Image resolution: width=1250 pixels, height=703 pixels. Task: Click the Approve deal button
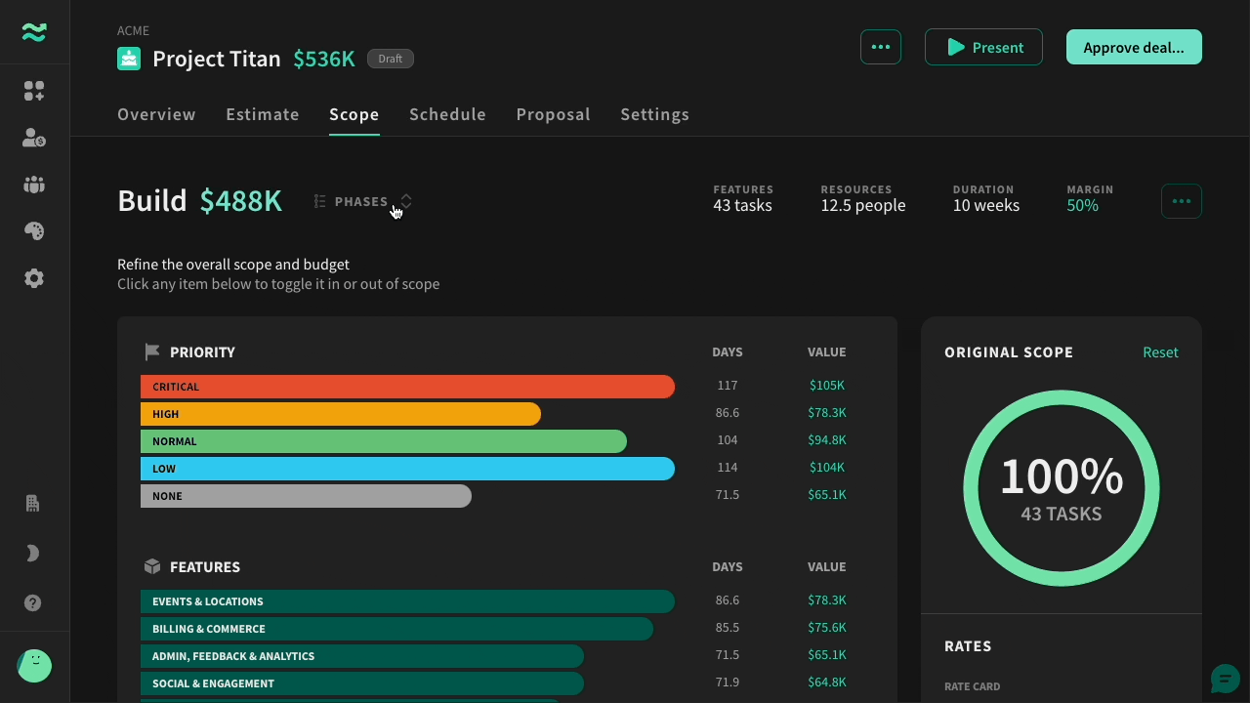point(1134,48)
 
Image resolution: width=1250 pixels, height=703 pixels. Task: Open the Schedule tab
point(447,114)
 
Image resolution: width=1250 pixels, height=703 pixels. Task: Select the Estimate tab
point(263,114)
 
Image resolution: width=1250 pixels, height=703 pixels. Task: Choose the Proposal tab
point(553,114)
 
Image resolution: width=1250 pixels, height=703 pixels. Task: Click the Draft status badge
point(390,59)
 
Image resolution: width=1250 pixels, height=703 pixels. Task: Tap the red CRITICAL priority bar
point(407,387)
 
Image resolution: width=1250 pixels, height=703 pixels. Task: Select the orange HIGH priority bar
point(341,414)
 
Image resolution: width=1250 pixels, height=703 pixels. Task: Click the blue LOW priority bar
point(407,469)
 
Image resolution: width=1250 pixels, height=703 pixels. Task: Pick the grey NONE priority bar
point(306,496)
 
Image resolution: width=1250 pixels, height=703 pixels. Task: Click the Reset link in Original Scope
point(1160,352)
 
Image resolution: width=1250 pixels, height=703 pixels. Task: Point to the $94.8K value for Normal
point(826,440)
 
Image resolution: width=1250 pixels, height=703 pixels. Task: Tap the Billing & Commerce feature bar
point(396,629)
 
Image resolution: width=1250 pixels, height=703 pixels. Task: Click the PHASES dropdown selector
point(362,201)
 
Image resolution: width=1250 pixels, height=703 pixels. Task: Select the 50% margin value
point(1083,205)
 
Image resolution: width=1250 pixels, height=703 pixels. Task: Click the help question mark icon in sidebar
point(33,603)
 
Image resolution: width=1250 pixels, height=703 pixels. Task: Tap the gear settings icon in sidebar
point(34,278)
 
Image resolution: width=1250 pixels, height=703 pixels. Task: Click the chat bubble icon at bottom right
point(1226,679)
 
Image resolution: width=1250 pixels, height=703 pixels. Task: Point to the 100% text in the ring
point(1062,477)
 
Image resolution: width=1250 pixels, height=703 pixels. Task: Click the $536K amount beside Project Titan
point(324,59)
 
